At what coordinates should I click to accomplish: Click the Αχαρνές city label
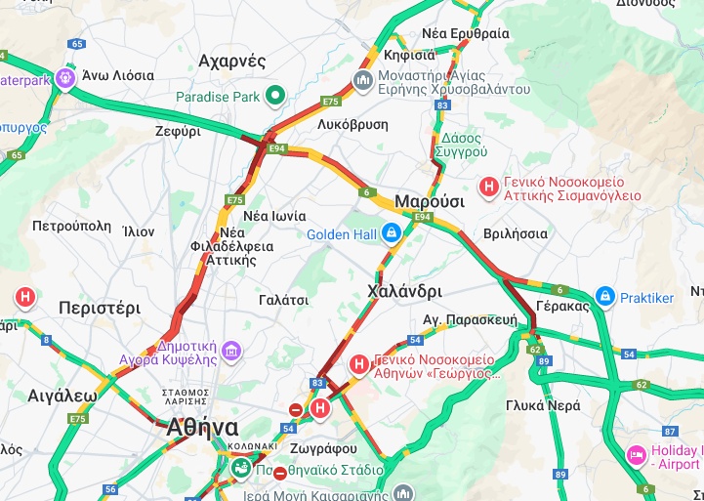click(231, 62)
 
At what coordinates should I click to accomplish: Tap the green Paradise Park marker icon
click(275, 96)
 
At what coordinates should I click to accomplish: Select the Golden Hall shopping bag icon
click(392, 233)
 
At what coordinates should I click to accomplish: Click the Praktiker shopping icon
click(605, 296)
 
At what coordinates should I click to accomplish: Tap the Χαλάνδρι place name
click(404, 291)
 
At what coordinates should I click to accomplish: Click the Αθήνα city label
click(202, 428)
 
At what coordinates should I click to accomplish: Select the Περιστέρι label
click(100, 308)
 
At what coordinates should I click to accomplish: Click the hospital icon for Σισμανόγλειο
click(488, 185)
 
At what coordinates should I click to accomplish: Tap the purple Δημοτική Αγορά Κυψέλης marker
click(231, 350)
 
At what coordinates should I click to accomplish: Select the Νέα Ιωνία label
click(274, 216)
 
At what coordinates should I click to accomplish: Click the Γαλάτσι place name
click(283, 300)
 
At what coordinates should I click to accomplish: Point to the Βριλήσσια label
click(516, 234)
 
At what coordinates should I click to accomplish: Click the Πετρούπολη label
click(71, 226)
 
